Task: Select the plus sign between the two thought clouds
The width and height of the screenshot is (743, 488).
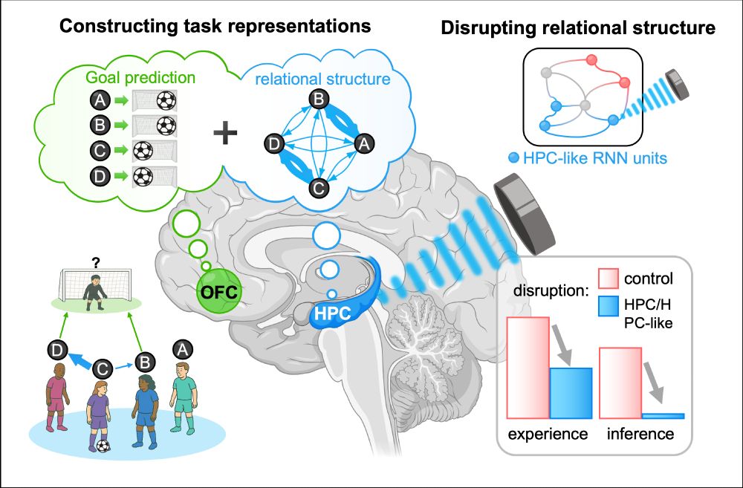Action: coord(226,134)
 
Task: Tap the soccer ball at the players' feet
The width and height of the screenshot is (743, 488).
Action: coord(103,446)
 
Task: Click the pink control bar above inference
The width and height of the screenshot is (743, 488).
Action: coord(620,383)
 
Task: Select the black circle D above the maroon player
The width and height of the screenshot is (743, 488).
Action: coord(56,348)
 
